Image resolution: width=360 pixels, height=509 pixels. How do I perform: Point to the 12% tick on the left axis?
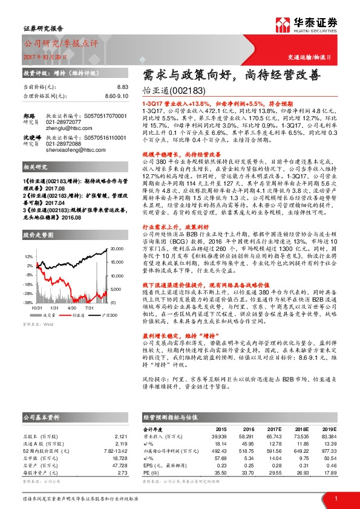(x=28, y=256)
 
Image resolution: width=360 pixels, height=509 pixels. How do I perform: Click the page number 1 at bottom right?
(x=335, y=498)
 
